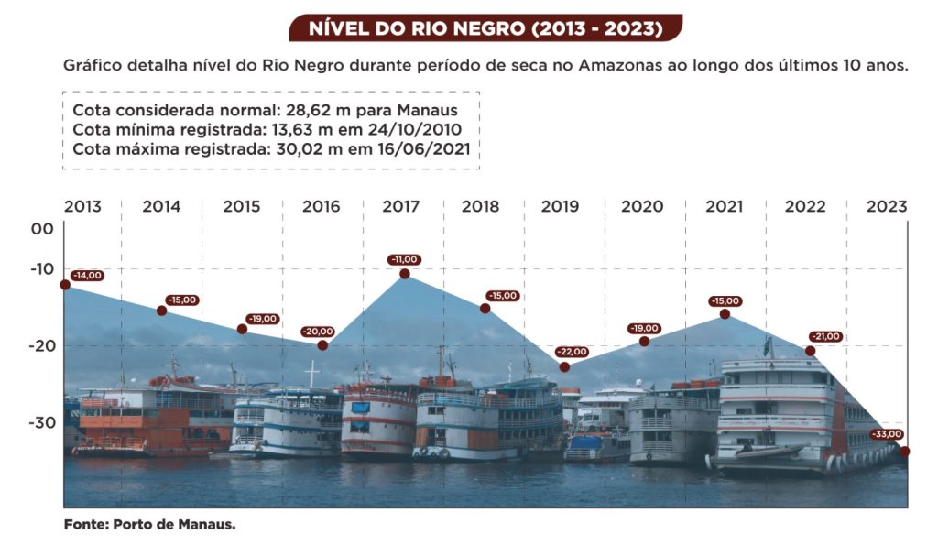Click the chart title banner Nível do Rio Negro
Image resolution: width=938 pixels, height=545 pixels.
click(485, 27)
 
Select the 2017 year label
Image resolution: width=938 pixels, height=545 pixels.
click(401, 206)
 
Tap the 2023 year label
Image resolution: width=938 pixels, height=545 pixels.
click(888, 206)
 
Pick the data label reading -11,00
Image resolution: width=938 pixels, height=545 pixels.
click(405, 259)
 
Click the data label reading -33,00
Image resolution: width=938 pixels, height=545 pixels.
click(887, 434)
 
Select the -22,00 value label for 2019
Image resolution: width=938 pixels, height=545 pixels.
click(573, 352)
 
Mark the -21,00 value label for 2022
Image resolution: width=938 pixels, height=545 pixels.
click(826, 336)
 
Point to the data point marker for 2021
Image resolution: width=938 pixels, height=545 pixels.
click(725, 314)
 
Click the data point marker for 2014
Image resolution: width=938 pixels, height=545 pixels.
click(161, 311)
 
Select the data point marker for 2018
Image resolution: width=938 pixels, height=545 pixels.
click(485, 308)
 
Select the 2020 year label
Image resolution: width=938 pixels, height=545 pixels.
click(642, 206)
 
